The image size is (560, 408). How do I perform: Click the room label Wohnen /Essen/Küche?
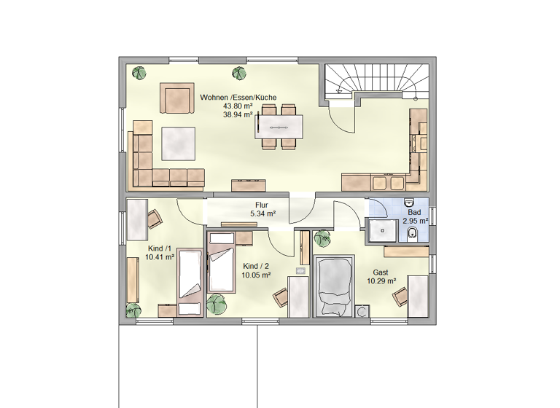click(x=238, y=97)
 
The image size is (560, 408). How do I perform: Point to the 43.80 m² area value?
click(x=238, y=106)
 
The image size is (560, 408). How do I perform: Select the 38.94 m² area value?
click(x=238, y=114)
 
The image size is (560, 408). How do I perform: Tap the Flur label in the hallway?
click(x=262, y=205)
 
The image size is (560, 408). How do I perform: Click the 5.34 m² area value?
click(x=262, y=214)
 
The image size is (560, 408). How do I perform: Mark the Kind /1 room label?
click(x=159, y=248)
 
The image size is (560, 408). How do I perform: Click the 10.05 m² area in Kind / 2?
click(x=257, y=275)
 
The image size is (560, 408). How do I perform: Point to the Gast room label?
click(x=381, y=272)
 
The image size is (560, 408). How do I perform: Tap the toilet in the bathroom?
click(x=413, y=232)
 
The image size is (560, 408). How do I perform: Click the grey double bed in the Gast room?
click(x=334, y=286)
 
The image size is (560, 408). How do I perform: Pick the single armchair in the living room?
click(x=176, y=99)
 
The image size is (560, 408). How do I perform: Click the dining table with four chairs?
click(x=279, y=127)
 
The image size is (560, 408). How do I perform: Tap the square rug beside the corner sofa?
click(x=179, y=144)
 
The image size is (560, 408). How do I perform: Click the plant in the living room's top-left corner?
click(x=139, y=72)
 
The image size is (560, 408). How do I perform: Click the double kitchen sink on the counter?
click(x=388, y=182)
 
